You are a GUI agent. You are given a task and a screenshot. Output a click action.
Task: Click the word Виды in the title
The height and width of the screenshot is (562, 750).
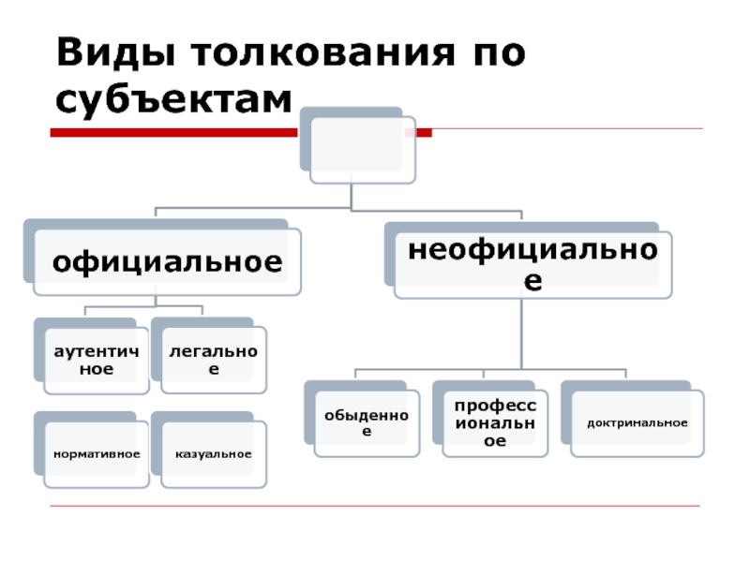[115, 52]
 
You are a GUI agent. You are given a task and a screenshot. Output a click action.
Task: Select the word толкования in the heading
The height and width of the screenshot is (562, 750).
[322, 52]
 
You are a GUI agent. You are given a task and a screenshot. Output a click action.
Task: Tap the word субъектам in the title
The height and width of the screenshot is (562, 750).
[173, 99]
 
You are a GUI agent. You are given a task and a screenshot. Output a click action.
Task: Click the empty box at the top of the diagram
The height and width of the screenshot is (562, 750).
[363, 150]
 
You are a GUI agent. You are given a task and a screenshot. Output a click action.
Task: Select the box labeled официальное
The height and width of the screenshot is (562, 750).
[167, 262]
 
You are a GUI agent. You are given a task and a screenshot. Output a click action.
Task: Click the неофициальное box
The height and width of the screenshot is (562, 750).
[532, 265]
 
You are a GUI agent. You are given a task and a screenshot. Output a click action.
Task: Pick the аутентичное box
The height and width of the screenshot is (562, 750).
[97, 361]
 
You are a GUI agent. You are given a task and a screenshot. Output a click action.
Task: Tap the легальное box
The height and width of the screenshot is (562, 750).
[214, 360]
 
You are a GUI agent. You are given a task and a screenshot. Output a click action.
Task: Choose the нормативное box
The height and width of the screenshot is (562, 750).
[97, 454]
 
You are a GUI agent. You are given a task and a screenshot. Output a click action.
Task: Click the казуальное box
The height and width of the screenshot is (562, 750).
[214, 454]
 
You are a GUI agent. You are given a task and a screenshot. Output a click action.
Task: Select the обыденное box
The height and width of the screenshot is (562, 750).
[367, 423]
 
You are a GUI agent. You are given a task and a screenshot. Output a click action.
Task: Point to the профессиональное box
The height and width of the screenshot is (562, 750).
[495, 423]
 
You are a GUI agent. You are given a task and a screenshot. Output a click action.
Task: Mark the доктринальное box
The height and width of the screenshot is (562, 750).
[637, 423]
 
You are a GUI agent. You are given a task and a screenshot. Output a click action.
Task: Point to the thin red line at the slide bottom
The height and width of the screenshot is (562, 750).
[375, 506]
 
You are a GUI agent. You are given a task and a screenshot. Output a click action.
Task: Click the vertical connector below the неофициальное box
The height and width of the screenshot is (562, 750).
[521, 333]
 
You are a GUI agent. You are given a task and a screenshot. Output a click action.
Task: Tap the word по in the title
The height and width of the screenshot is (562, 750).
[500, 53]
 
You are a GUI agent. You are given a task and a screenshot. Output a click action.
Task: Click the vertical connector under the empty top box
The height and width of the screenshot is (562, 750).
[351, 196]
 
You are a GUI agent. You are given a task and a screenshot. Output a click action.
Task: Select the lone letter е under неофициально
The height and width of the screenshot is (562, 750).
[532, 281]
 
